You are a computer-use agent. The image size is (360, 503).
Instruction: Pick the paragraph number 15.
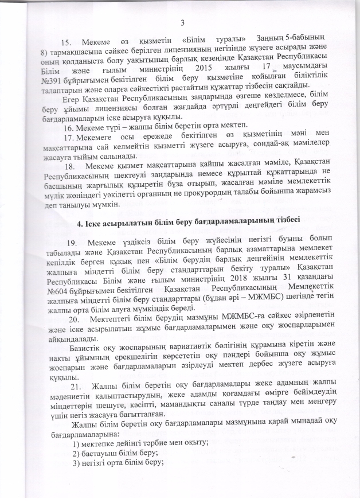point(68,43)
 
